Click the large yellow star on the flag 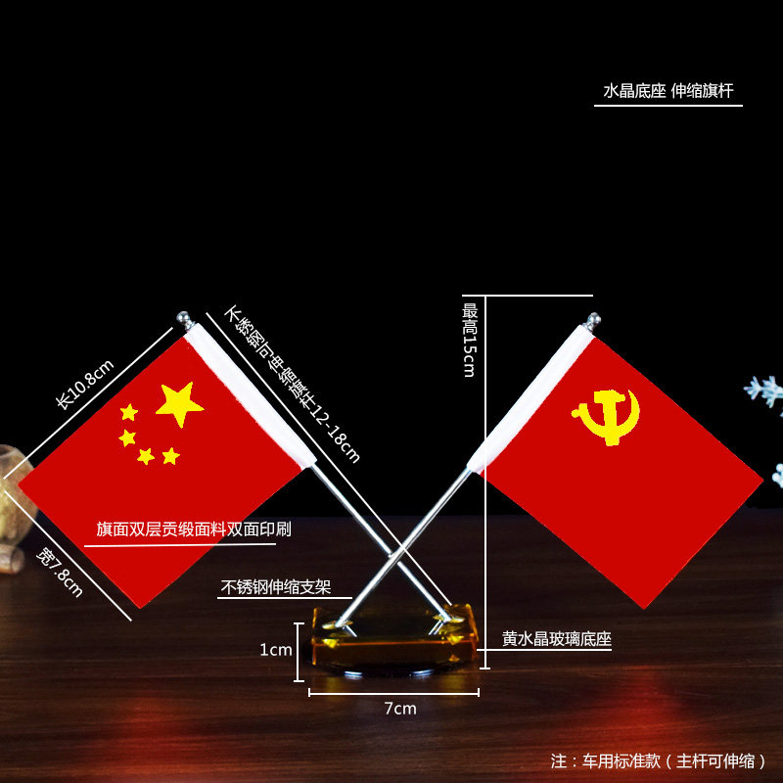(x=179, y=404)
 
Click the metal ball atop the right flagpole (x=593, y=321)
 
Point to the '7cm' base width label (x=400, y=709)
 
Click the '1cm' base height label (x=276, y=650)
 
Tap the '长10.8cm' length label (x=84, y=385)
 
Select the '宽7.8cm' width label (x=60, y=573)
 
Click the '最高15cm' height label (x=470, y=340)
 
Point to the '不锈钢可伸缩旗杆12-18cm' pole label (x=292, y=385)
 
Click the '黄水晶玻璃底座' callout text (x=556, y=639)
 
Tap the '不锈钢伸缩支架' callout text (x=276, y=586)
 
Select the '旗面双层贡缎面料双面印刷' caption (x=194, y=529)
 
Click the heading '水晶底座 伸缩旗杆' (x=668, y=91)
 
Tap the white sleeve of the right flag (x=531, y=398)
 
